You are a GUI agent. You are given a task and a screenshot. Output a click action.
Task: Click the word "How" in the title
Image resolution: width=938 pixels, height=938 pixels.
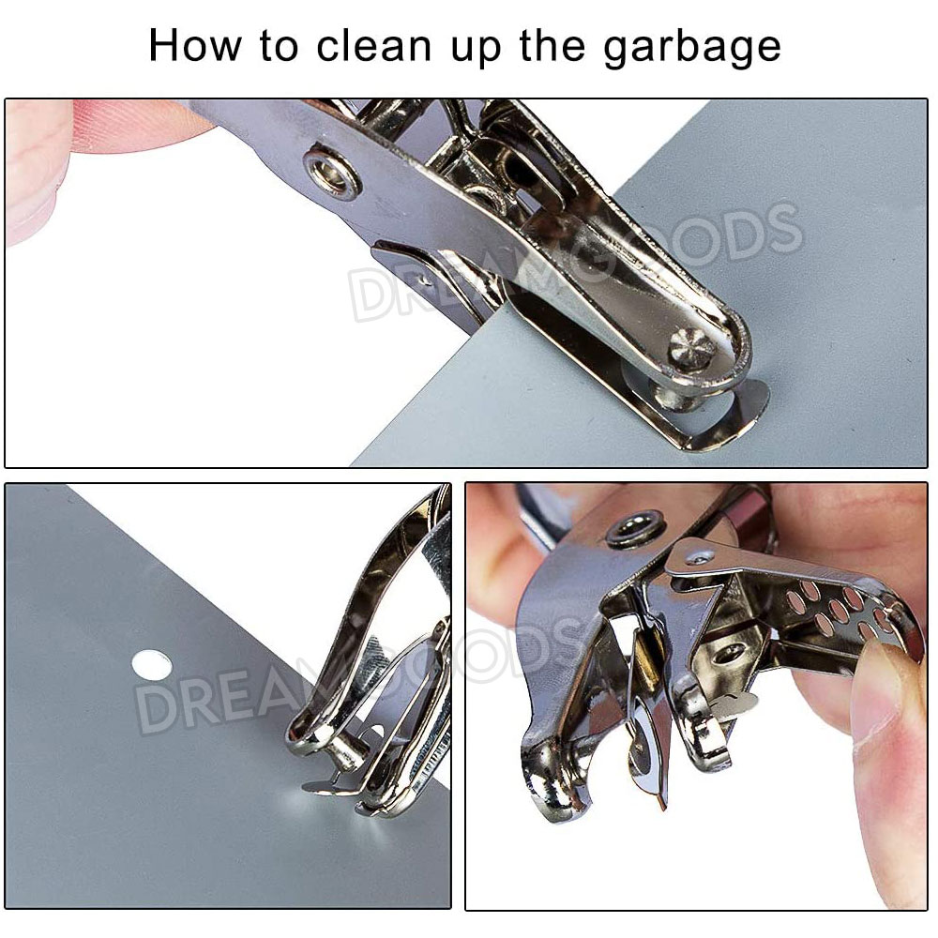point(194,45)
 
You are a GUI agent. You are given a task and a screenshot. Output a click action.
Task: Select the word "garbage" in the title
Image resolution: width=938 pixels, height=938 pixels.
point(691,48)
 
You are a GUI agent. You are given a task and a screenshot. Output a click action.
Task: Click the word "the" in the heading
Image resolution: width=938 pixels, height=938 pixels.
point(552,45)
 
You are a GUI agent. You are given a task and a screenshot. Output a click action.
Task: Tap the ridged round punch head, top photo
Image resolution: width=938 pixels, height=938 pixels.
point(691,347)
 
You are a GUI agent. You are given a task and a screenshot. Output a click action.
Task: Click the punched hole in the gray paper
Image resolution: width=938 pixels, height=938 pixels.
point(151,665)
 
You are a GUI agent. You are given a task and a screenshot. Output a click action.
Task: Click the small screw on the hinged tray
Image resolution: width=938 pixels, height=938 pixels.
point(699,557)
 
